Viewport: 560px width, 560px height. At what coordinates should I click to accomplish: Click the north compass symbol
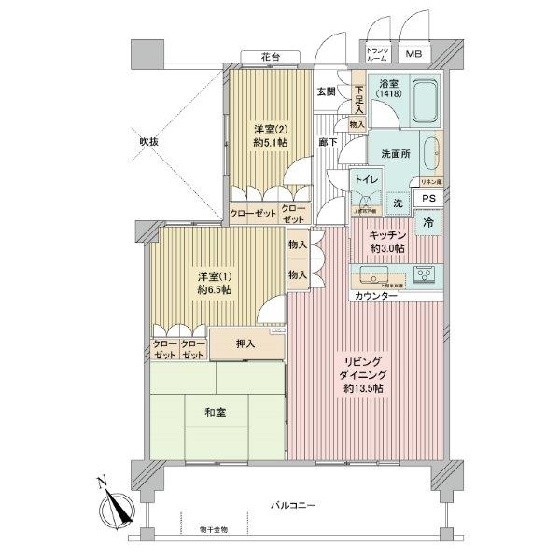(115, 510)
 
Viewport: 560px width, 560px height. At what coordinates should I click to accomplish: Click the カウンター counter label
(376, 296)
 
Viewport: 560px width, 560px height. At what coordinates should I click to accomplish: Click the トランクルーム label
(377, 54)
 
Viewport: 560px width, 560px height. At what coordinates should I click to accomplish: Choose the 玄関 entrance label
(327, 91)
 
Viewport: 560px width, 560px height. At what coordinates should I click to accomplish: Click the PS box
(428, 198)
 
